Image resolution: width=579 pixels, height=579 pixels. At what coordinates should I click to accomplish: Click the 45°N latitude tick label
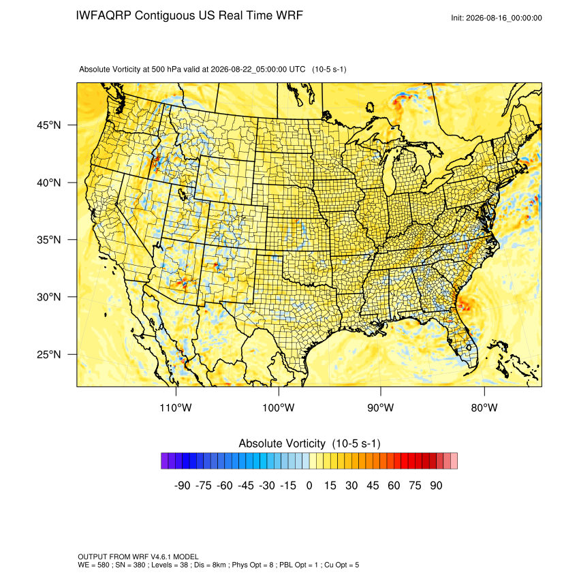coord(49,125)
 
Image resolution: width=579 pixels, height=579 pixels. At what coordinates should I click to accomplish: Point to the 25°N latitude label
coord(49,354)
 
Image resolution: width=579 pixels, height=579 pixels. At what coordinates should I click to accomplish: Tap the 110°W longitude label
coord(176,407)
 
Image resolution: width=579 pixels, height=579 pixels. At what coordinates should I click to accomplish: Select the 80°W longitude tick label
coord(484,407)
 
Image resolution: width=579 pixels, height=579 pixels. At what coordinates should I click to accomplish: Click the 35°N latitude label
coord(49,240)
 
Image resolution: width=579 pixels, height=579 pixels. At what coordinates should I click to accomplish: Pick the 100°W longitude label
coord(279,407)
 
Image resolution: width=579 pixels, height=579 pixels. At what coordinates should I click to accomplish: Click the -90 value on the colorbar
coord(182,486)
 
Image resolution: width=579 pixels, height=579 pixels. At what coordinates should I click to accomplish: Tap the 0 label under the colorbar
coord(309,486)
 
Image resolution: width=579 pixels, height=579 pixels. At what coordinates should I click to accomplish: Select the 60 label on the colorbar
coord(394,486)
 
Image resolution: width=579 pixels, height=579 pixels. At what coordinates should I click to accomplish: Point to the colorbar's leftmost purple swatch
coord(165,461)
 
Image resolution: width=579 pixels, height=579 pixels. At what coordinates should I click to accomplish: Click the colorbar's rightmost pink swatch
coord(454,461)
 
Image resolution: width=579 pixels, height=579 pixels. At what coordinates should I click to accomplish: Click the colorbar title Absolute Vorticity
coord(282,443)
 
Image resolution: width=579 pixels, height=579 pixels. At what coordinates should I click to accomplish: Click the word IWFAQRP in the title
coord(104,16)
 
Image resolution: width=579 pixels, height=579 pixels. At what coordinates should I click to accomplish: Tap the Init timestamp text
coord(497,18)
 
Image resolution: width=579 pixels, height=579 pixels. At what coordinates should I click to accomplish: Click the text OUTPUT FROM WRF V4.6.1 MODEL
coord(138,557)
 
